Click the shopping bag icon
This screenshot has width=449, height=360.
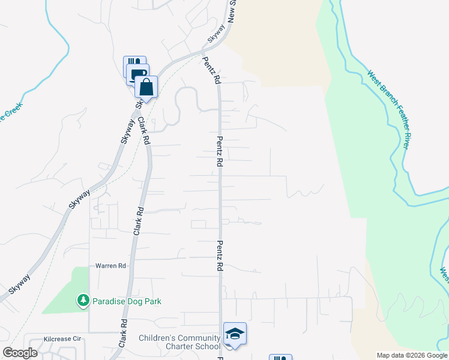(146, 87)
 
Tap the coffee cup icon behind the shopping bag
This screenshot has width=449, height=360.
(137, 74)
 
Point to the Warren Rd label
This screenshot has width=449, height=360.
(110, 265)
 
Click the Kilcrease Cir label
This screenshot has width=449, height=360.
(62, 339)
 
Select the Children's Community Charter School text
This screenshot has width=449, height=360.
(179, 342)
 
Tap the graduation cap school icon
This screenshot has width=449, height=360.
(235, 334)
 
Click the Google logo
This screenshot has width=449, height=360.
(20, 353)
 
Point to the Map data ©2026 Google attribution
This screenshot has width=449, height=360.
(412, 355)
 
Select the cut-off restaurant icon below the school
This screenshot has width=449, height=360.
(280, 358)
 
